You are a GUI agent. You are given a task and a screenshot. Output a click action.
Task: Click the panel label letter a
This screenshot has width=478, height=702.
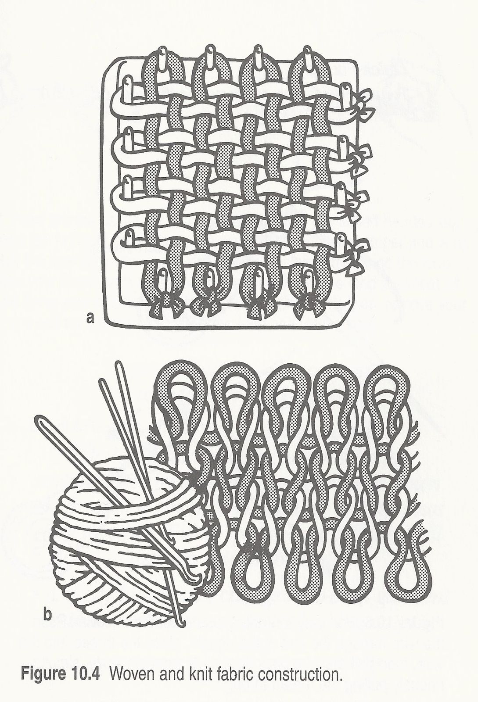pos(90,319)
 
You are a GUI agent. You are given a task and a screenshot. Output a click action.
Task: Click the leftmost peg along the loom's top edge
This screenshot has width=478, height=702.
pos(162,58)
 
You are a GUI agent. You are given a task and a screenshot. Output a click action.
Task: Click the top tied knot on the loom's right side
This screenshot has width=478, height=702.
pos(363,105)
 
